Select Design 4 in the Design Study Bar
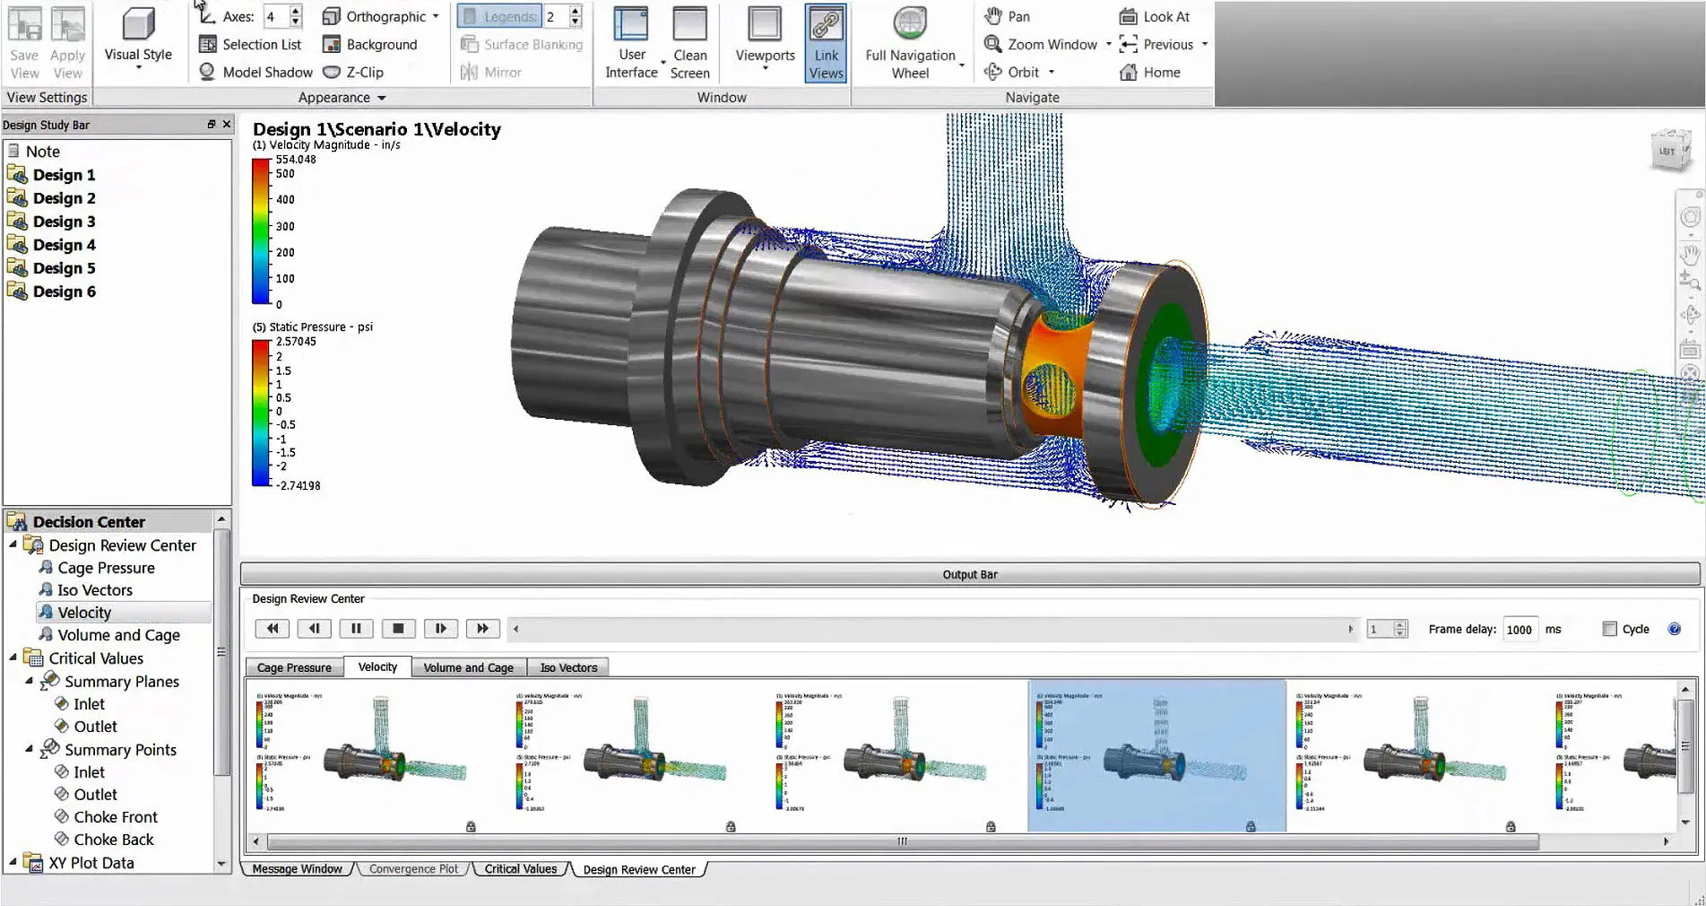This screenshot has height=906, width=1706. pos(64,245)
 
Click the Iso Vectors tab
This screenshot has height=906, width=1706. pos(568,667)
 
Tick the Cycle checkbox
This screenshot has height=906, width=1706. pos(1609,629)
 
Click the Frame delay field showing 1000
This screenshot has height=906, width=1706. pos(1520,630)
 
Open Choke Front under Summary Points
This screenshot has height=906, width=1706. pos(115,817)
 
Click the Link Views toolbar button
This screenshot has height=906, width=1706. pos(826,43)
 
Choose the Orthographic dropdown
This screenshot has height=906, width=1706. pos(385,16)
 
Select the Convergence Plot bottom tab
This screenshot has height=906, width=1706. pos(413,869)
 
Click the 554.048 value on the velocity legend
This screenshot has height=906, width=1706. pos(296,160)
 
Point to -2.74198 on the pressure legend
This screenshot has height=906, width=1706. pos(298,485)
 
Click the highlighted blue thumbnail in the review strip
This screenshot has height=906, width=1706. pos(1156,755)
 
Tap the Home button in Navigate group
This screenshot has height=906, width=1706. pos(1161,73)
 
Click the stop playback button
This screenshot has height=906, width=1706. pos(399,629)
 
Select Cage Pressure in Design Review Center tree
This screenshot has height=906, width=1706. pos(106,568)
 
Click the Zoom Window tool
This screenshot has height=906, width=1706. pos(1051,44)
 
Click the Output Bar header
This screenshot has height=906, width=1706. pos(970,574)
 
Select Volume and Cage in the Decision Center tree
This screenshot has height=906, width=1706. pos(118,635)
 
